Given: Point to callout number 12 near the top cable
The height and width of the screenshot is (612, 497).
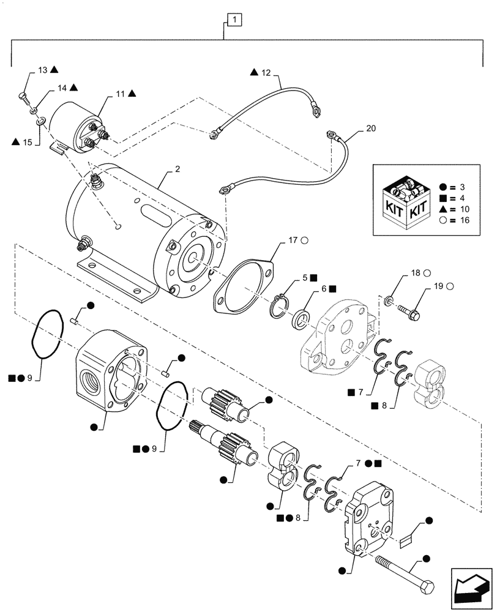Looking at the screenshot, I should [266, 73].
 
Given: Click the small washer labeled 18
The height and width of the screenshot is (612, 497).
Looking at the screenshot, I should [388, 300].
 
